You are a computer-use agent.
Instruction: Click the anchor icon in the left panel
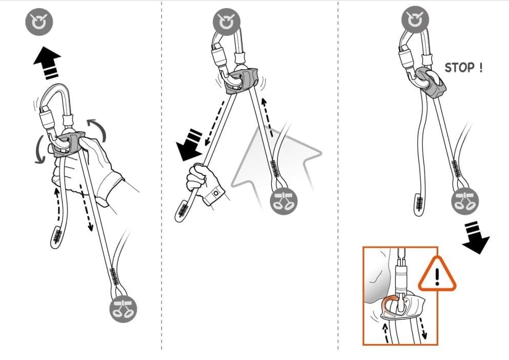click(39, 22)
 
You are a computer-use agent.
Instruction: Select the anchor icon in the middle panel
click(226, 22)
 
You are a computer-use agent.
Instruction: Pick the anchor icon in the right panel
click(415, 19)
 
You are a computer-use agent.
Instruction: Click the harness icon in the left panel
click(123, 309)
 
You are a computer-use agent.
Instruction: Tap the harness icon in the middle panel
click(283, 201)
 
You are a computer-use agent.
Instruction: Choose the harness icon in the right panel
click(465, 201)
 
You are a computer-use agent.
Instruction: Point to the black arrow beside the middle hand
click(190, 145)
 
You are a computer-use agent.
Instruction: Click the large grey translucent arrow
click(276, 163)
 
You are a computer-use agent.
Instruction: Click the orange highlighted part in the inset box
click(389, 303)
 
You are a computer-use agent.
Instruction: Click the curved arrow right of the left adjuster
click(98, 130)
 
